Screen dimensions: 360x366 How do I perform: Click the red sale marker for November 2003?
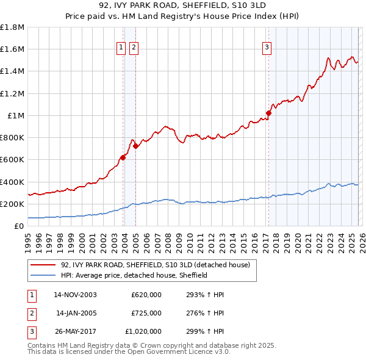tap(123, 157)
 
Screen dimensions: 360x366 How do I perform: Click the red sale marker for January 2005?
tap(135, 146)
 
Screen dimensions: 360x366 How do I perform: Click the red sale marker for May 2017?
tap(268, 113)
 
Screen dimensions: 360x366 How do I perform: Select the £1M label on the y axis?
tap(16, 115)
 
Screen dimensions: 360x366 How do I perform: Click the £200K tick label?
tap(12, 204)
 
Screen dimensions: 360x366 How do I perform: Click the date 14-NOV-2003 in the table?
tap(75, 295)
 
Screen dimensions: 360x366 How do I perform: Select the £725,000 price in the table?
tap(146, 313)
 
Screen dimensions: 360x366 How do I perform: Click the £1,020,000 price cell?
tap(143, 331)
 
